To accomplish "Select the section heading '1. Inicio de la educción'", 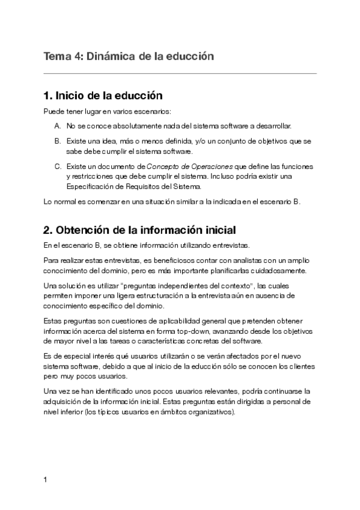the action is [x=103, y=95].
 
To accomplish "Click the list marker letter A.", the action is [x=57, y=126].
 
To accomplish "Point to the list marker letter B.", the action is [x=57, y=141].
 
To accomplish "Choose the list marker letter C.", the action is [x=57, y=165].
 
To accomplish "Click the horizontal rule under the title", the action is [x=180, y=73].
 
